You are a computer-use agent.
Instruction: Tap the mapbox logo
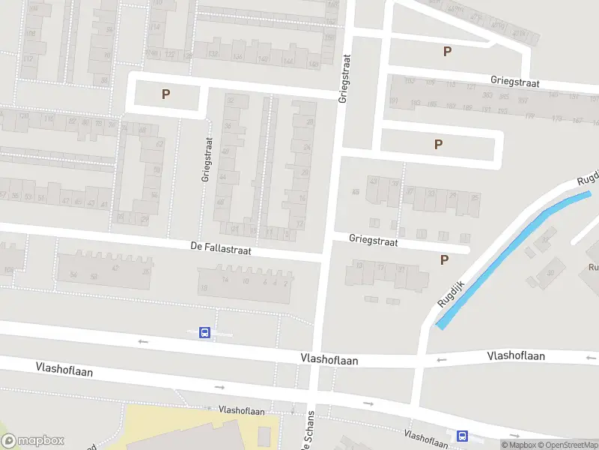click(x=33, y=440)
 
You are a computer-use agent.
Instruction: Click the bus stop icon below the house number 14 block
click(x=204, y=332)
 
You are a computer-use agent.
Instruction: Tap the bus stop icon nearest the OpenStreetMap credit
click(x=462, y=435)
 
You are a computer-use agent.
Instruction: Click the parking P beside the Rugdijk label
click(x=445, y=259)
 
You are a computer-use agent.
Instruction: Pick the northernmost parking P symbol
click(x=448, y=51)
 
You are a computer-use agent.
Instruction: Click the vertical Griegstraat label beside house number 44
click(x=207, y=159)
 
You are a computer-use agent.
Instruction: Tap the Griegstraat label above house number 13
click(x=373, y=242)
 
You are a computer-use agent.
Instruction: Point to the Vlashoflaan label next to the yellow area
click(x=242, y=411)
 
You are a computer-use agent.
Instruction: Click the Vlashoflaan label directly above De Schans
click(x=329, y=360)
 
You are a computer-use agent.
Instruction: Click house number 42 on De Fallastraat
click(x=115, y=268)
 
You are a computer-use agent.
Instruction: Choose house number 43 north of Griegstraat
click(x=373, y=181)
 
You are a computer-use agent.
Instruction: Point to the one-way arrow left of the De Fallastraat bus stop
click(x=143, y=341)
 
